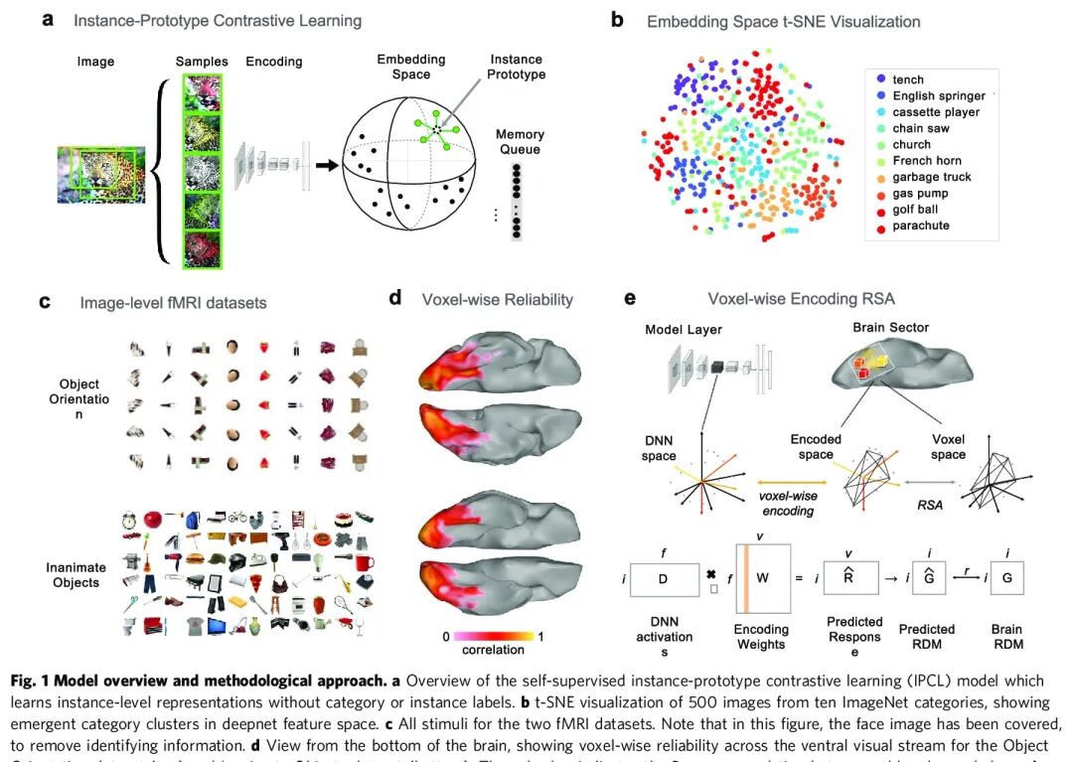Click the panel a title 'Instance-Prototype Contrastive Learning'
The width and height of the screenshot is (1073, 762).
point(218,21)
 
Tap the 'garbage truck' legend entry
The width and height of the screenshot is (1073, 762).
point(931,177)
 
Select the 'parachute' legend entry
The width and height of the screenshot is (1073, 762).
point(921,226)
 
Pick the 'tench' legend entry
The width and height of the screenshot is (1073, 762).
point(908,79)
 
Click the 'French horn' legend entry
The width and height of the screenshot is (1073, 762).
point(927,161)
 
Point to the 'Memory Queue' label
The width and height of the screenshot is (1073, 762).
point(520,142)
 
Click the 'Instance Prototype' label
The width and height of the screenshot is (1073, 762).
point(517,67)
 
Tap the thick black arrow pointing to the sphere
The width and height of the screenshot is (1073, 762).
point(324,162)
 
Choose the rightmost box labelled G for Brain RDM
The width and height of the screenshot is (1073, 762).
point(1006,579)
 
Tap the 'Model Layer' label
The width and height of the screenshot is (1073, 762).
point(684,329)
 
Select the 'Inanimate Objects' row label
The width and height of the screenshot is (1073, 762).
point(76,575)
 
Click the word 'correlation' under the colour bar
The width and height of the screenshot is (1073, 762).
point(493,650)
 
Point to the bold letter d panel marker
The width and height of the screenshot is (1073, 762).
point(394,297)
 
